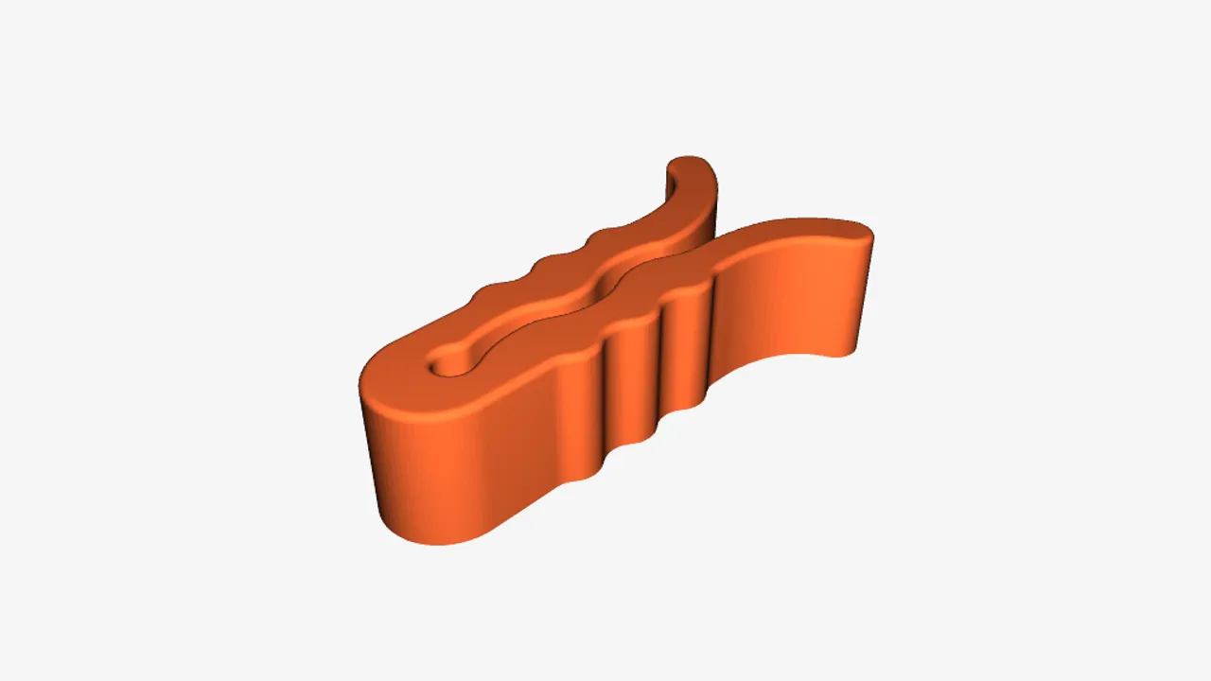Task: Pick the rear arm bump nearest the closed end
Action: pyautogui.click(x=489, y=292)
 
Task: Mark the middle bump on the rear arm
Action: pyautogui.click(x=547, y=264)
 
